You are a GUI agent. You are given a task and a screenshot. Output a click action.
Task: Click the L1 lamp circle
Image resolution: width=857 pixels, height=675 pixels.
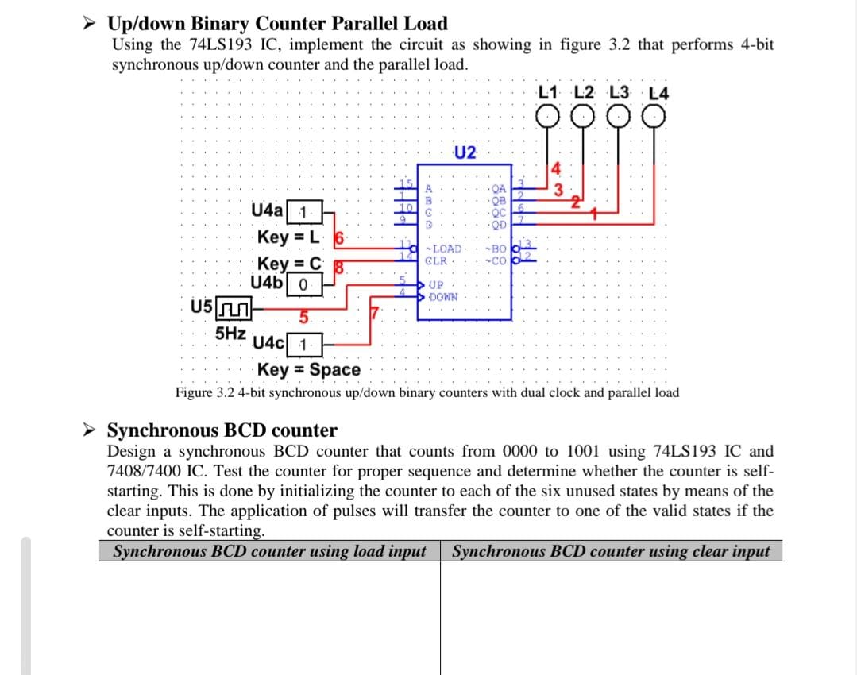click(x=547, y=118)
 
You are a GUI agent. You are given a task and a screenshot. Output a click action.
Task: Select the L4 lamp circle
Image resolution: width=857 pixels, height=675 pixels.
click(x=654, y=118)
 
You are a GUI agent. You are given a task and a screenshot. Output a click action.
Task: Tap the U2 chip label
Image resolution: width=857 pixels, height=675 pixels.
click(x=465, y=152)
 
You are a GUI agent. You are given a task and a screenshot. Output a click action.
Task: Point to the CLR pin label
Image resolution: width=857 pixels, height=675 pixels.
click(x=436, y=260)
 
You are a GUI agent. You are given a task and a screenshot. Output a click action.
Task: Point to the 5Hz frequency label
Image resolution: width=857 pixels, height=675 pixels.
click(x=230, y=334)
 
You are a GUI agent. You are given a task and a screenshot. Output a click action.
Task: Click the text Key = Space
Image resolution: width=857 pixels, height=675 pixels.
click(x=309, y=369)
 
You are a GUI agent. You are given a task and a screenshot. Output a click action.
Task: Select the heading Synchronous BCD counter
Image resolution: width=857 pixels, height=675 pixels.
click(x=222, y=430)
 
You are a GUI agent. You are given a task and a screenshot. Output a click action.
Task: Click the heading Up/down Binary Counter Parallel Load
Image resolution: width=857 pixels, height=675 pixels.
click(x=277, y=24)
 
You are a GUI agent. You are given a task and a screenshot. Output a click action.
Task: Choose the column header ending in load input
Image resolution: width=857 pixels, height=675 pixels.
click(x=270, y=551)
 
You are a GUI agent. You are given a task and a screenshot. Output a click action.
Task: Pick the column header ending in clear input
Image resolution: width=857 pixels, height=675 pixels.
click(x=611, y=551)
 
